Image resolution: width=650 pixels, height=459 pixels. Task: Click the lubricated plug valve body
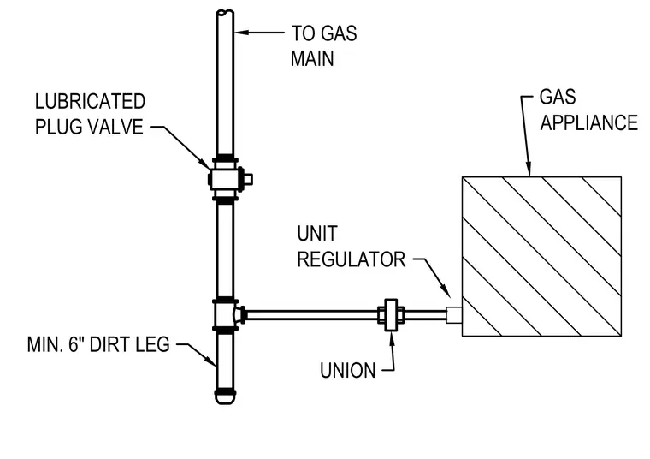point(225,179)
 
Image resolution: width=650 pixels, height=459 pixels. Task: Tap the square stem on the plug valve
point(247,180)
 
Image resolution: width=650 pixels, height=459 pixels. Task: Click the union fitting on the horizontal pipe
point(391,315)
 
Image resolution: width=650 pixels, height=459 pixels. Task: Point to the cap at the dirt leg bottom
point(225,397)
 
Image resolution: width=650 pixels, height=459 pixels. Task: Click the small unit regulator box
point(454,315)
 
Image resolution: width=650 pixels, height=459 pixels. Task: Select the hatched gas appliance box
point(541,256)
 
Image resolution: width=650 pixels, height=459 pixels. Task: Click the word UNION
point(348,370)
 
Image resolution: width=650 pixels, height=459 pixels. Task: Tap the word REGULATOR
point(352,259)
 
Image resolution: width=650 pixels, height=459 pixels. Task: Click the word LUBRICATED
point(90,102)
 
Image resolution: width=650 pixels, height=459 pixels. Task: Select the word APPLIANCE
point(588,122)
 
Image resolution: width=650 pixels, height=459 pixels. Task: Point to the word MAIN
point(312,58)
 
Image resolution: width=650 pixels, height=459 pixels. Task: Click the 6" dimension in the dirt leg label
point(74,344)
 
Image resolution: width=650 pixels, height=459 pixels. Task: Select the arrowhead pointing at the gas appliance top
point(529,170)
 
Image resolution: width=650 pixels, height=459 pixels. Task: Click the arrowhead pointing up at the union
point(392,338)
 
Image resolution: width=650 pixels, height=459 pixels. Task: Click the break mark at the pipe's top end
point(225,12)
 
